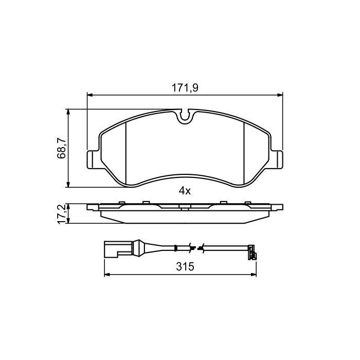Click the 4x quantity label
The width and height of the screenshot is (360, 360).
184,191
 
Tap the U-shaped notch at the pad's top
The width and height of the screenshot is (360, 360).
185,117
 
